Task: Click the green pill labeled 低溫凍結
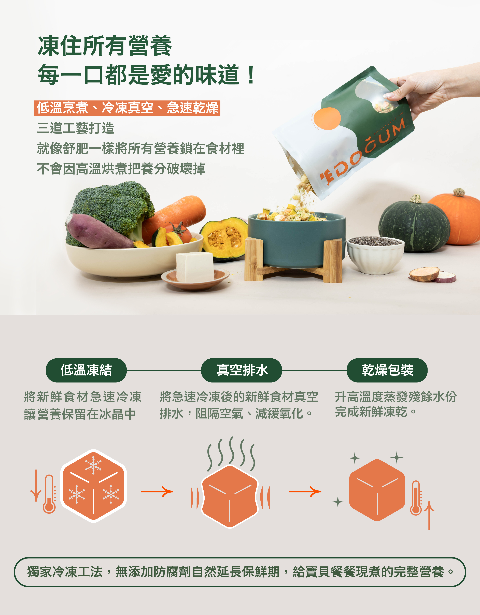tap(86, 370)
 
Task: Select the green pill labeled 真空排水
tap(241, 370)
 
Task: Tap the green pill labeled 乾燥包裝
tap(387, 370)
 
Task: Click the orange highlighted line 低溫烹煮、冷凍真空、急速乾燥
tap(127, 108)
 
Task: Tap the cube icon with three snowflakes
tap(94, 486)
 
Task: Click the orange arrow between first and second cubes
tap(157, 492)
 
